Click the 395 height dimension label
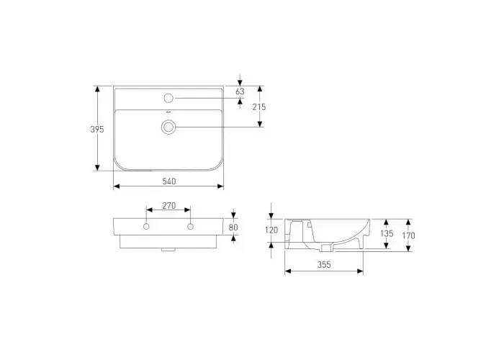(x=97, y=129)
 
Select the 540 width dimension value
(x=168, y=181)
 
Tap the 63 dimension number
(x=240, y=91)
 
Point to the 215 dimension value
(x=259, y=107)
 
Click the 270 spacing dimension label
(x=168, y=205)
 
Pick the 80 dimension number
(x=233, y=228)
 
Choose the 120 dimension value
(x=271, y=230)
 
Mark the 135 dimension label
(x=387, y=233)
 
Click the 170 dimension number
(x=408, y=235)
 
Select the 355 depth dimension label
(x=324, y=264)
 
